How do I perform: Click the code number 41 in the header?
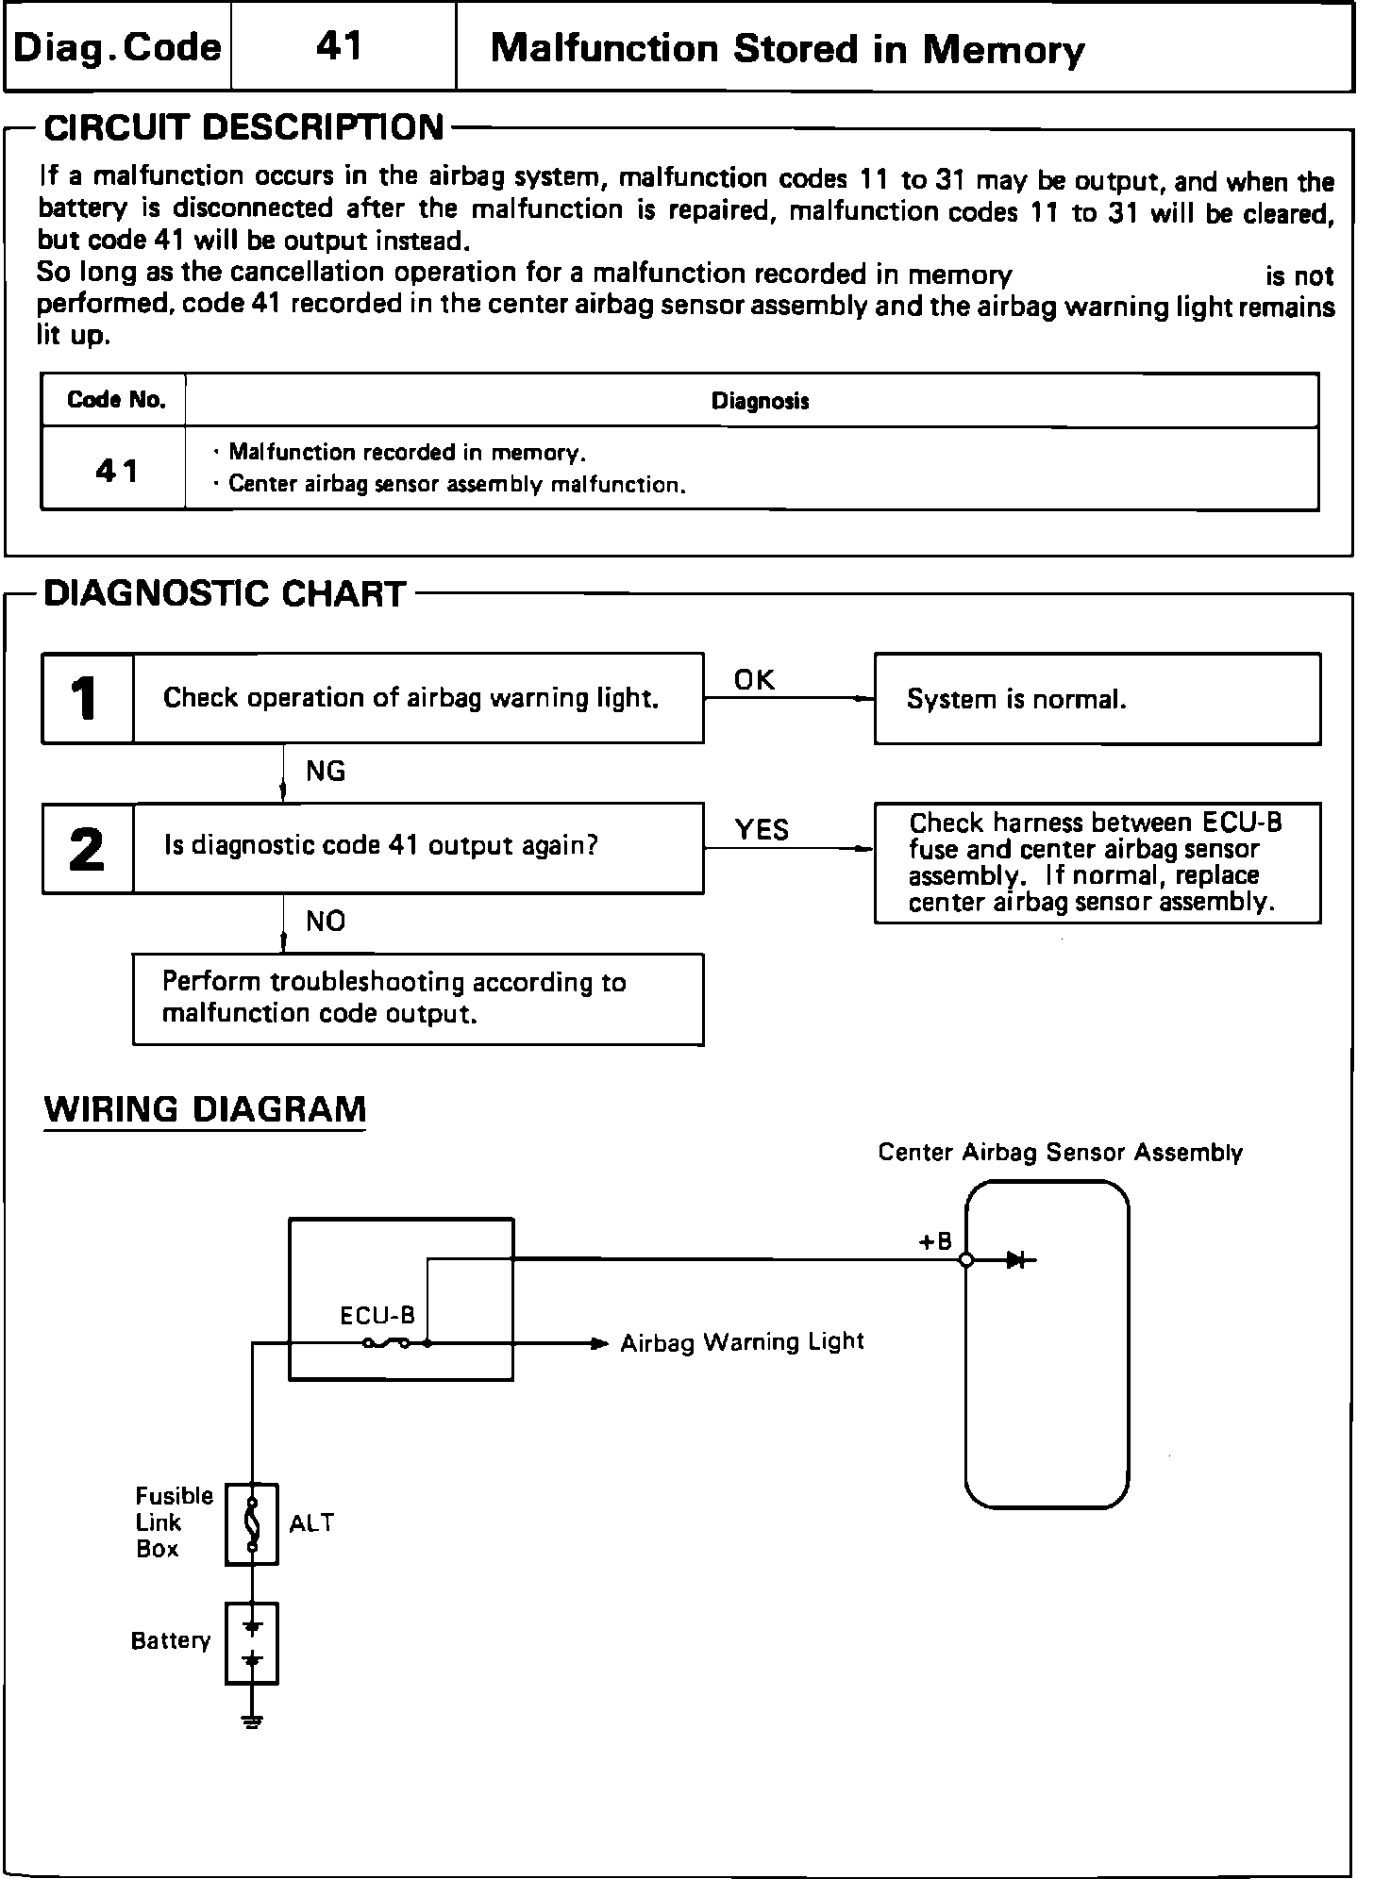340,46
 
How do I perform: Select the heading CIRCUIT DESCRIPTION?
244,127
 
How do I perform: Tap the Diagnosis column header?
760,402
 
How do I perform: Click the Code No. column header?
116,400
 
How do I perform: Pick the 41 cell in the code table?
116,470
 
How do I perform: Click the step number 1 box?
88,699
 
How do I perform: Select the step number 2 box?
88,849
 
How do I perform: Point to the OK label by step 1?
754,680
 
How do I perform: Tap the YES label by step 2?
762,830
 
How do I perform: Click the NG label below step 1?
326,772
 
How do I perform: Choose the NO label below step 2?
326,922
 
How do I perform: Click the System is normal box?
1097,699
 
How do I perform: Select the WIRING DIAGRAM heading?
205,1109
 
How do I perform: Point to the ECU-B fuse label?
377,1316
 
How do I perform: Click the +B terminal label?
936,1242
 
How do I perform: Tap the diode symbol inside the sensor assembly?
1016,1260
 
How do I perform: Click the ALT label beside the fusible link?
311,1523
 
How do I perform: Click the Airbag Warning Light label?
742,1342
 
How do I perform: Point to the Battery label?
171,1641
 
